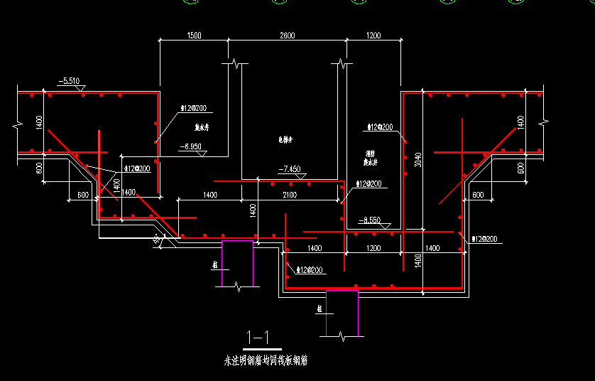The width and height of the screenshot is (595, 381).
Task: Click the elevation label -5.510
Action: (x=70, y=81)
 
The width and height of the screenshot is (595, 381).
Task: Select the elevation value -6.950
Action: (x=192, y=146)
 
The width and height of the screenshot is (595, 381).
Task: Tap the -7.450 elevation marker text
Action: (x=290, y=169)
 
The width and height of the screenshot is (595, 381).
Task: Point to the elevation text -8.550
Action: (x=370, y=220)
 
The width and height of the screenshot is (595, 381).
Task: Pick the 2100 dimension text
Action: (x=290, y=194)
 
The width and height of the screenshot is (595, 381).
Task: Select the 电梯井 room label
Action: (x=286, y=141)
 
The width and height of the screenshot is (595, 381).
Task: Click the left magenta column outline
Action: (x=238, y=263)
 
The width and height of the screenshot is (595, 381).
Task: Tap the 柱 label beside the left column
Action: (x=214, y=265)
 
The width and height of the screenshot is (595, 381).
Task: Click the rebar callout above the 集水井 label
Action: (x=193, y=109)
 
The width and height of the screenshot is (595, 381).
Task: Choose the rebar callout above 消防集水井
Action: (x=379, y=127)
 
